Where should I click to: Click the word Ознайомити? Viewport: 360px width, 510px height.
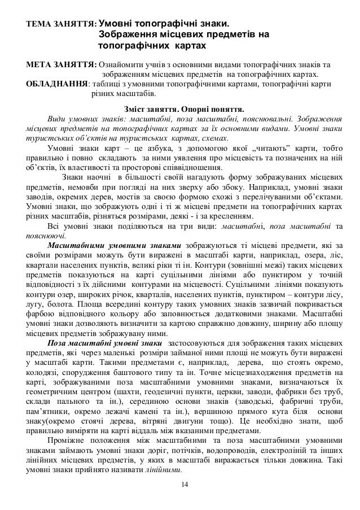(x=122, y=64)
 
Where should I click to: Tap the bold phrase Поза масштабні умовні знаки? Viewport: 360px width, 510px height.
(x=99, y=343)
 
